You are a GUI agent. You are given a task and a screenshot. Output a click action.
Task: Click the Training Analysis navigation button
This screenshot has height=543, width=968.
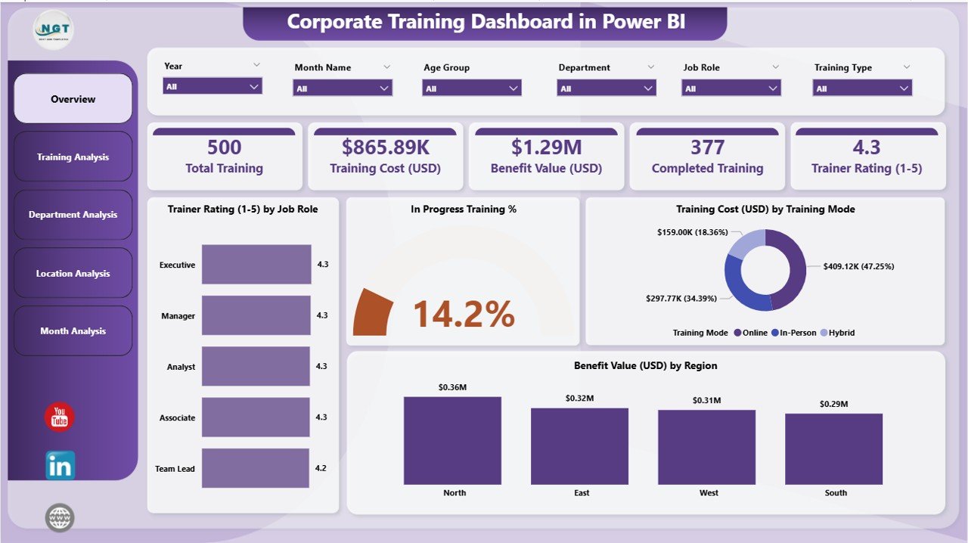(x=73, y=157)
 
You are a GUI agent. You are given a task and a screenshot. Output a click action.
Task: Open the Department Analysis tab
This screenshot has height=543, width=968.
(x=73, y=215)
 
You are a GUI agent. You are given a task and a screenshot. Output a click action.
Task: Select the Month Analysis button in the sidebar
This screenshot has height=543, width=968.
(x=73, y=331)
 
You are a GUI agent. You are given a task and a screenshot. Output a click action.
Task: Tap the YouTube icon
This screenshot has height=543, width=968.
(x=60, y=417)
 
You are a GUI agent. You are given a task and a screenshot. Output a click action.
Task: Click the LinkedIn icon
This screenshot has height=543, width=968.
(x=60, y=465)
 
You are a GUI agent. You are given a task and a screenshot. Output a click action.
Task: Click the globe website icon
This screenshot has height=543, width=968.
(x=60, y=518)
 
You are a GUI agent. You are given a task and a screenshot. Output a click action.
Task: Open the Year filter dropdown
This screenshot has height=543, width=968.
(x=213, y=86)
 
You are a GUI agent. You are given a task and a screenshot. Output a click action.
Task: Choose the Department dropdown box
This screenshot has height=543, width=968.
(x=607, y=88)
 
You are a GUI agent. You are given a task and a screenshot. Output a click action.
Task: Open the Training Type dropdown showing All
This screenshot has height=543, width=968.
(x=862, y=88)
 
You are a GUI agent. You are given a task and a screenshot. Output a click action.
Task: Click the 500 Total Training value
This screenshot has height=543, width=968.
(x=224, y=147)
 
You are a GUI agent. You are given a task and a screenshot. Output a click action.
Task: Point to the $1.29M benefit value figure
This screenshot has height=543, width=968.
(x=546, y=147)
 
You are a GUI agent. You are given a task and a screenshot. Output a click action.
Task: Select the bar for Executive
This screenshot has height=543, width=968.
(x=256, y=265)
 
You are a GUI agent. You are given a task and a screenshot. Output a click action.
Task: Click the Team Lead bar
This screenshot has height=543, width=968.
(x=256, y=468)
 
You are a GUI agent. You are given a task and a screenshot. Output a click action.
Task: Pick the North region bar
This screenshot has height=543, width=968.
(x=452, y=440)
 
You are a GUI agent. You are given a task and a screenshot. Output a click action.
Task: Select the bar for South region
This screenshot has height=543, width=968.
(x=833, y=448)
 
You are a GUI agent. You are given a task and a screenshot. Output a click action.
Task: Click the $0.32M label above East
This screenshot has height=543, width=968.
(x=579, y=398)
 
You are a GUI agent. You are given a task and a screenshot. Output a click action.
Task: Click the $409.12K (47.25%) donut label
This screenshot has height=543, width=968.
(x=852, y=266)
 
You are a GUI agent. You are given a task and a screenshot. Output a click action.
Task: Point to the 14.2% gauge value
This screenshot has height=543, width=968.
(x=464, y=314)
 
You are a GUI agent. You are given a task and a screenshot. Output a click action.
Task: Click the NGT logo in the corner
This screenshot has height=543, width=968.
(x=54, y=29)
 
